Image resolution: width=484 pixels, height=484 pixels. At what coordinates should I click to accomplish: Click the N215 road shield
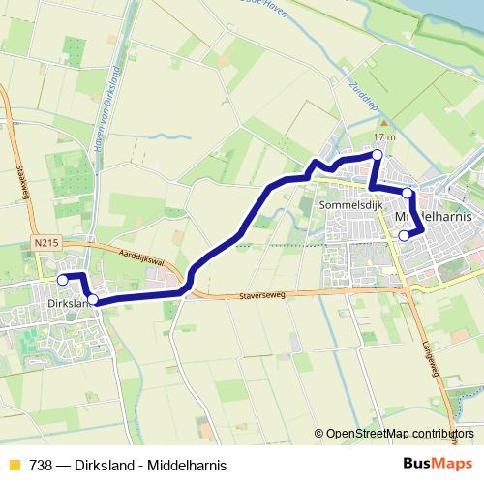click(x=44, y=245)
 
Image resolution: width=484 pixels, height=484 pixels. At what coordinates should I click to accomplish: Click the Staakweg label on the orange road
click(x=23, y=181)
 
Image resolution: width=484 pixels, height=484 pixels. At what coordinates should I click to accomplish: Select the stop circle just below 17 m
click(x=378, y=155)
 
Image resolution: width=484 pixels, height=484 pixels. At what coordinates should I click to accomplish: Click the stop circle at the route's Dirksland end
click(x=63, y=280)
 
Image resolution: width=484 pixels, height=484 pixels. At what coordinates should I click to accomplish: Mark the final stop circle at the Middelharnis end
click(x=405, y=234)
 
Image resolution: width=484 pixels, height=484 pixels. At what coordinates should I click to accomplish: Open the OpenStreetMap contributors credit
click(x=399, y=434)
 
